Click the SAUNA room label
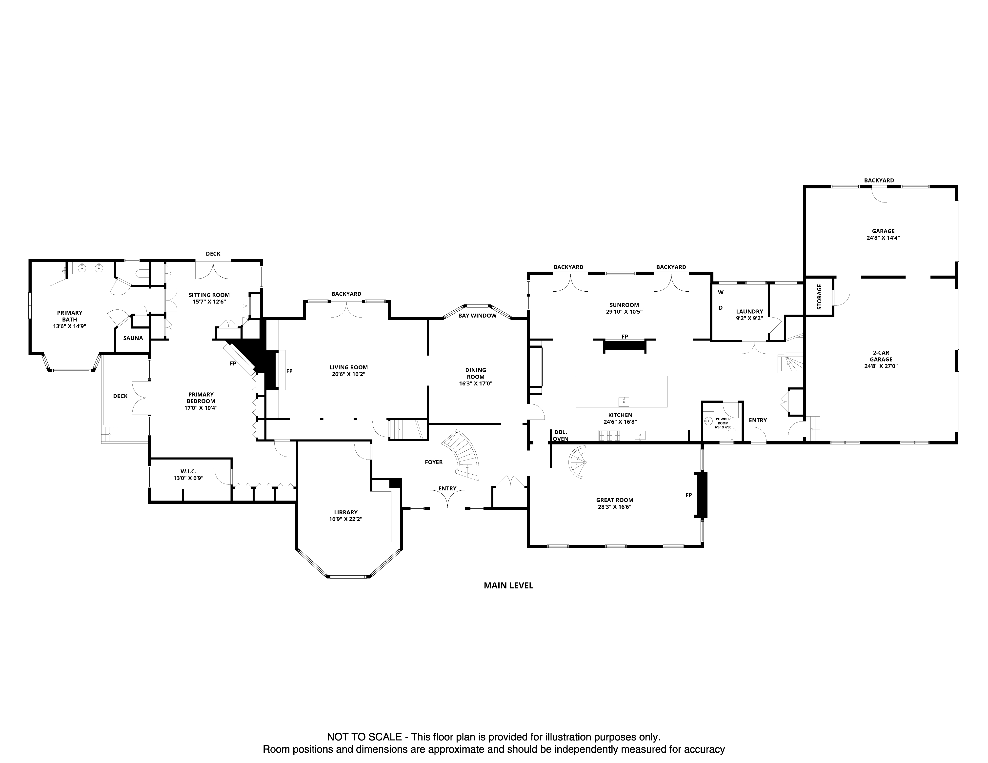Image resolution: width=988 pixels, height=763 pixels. point(133,338)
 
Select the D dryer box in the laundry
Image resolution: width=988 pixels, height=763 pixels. point(721,308)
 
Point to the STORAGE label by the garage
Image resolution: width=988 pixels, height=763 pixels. point(819,297)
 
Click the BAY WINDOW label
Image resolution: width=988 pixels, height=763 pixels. point(477,316)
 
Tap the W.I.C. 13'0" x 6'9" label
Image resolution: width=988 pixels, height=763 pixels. point(188,474)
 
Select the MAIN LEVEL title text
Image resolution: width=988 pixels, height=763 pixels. point(508,585)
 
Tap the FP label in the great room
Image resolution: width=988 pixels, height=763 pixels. point(688,495)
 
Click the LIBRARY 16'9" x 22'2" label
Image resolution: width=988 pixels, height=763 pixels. point(346,516)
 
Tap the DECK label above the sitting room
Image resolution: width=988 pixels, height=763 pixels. point(213,254)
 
